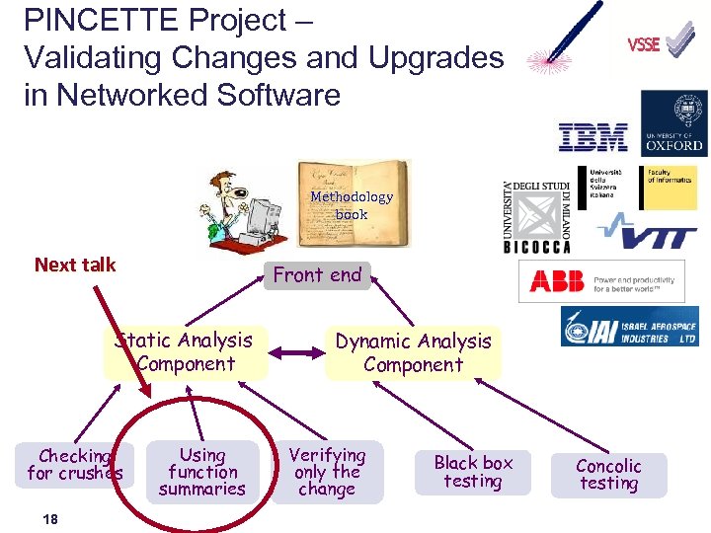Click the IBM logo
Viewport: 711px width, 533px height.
592,137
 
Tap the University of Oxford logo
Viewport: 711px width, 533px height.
673,122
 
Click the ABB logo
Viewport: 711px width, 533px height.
602,281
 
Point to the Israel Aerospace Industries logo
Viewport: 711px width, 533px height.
629,327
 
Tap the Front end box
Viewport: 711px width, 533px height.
317,275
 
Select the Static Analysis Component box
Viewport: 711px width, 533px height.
186,352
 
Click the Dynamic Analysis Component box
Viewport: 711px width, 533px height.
413,353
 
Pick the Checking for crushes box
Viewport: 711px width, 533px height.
75,465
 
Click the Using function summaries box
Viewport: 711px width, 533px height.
202,472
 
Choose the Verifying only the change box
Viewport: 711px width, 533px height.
327,472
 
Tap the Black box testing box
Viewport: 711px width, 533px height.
473,472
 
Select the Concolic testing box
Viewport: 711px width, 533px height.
608,474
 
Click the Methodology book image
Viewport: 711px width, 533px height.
353,203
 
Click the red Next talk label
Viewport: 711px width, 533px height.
75,265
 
